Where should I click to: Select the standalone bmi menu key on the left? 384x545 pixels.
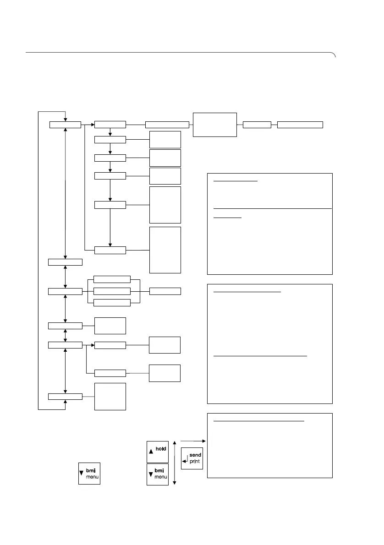pyautogui.click(x=89, y=473)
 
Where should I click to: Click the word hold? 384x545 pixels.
pyautogui.click(x=160, y=449)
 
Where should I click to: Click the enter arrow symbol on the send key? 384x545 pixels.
pyautogui.click(x=184, y=461)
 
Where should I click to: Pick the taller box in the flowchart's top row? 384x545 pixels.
pyautogui.click(x=215, y=124)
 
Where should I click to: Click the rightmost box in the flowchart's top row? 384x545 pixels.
pyautogui.click(x=300, y=124)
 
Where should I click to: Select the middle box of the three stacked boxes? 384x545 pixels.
pyautogui.click(x=112, y=291)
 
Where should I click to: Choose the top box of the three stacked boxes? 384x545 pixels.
pyautogui.click(x=112, y=279)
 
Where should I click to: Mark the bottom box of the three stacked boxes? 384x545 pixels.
pyautogui.click(x=112, y=302)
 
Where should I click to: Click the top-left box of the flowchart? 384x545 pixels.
pyautogui.click(x=65, y=125)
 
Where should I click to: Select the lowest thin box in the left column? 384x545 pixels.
pyautogui.click(x=65, y=396)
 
